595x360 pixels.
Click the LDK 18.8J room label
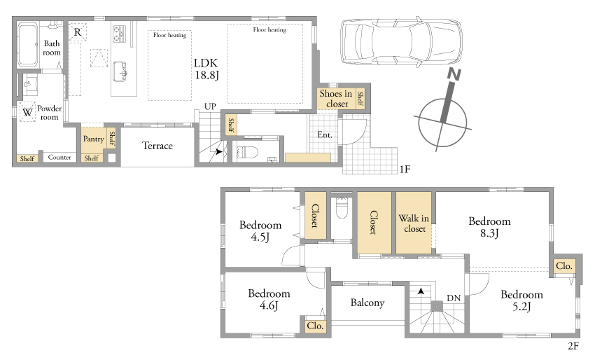pos(206,69)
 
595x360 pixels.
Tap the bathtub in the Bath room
pos(27,44)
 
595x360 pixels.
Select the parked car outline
pos(401,41)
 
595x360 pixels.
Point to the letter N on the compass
pos(454,74)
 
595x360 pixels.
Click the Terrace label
pos(157,146)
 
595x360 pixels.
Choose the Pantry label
pos(93,139)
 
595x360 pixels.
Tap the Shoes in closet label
pos(336,99)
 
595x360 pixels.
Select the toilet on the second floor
pos(342,207)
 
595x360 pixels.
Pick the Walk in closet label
pos(414,223)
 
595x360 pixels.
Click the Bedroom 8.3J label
pos(489,227)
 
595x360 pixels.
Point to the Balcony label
pos(367,303)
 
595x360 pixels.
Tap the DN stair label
pos(454,298)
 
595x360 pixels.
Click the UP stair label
pos(210,106)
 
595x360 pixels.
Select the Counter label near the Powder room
pos(59,157)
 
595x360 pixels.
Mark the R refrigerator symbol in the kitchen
pos(78,32)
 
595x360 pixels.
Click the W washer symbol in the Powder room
pos(27,112)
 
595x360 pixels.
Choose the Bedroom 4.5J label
pos(260,231)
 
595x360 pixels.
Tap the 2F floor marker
pos(573,346)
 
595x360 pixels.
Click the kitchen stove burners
pos(119,33)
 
